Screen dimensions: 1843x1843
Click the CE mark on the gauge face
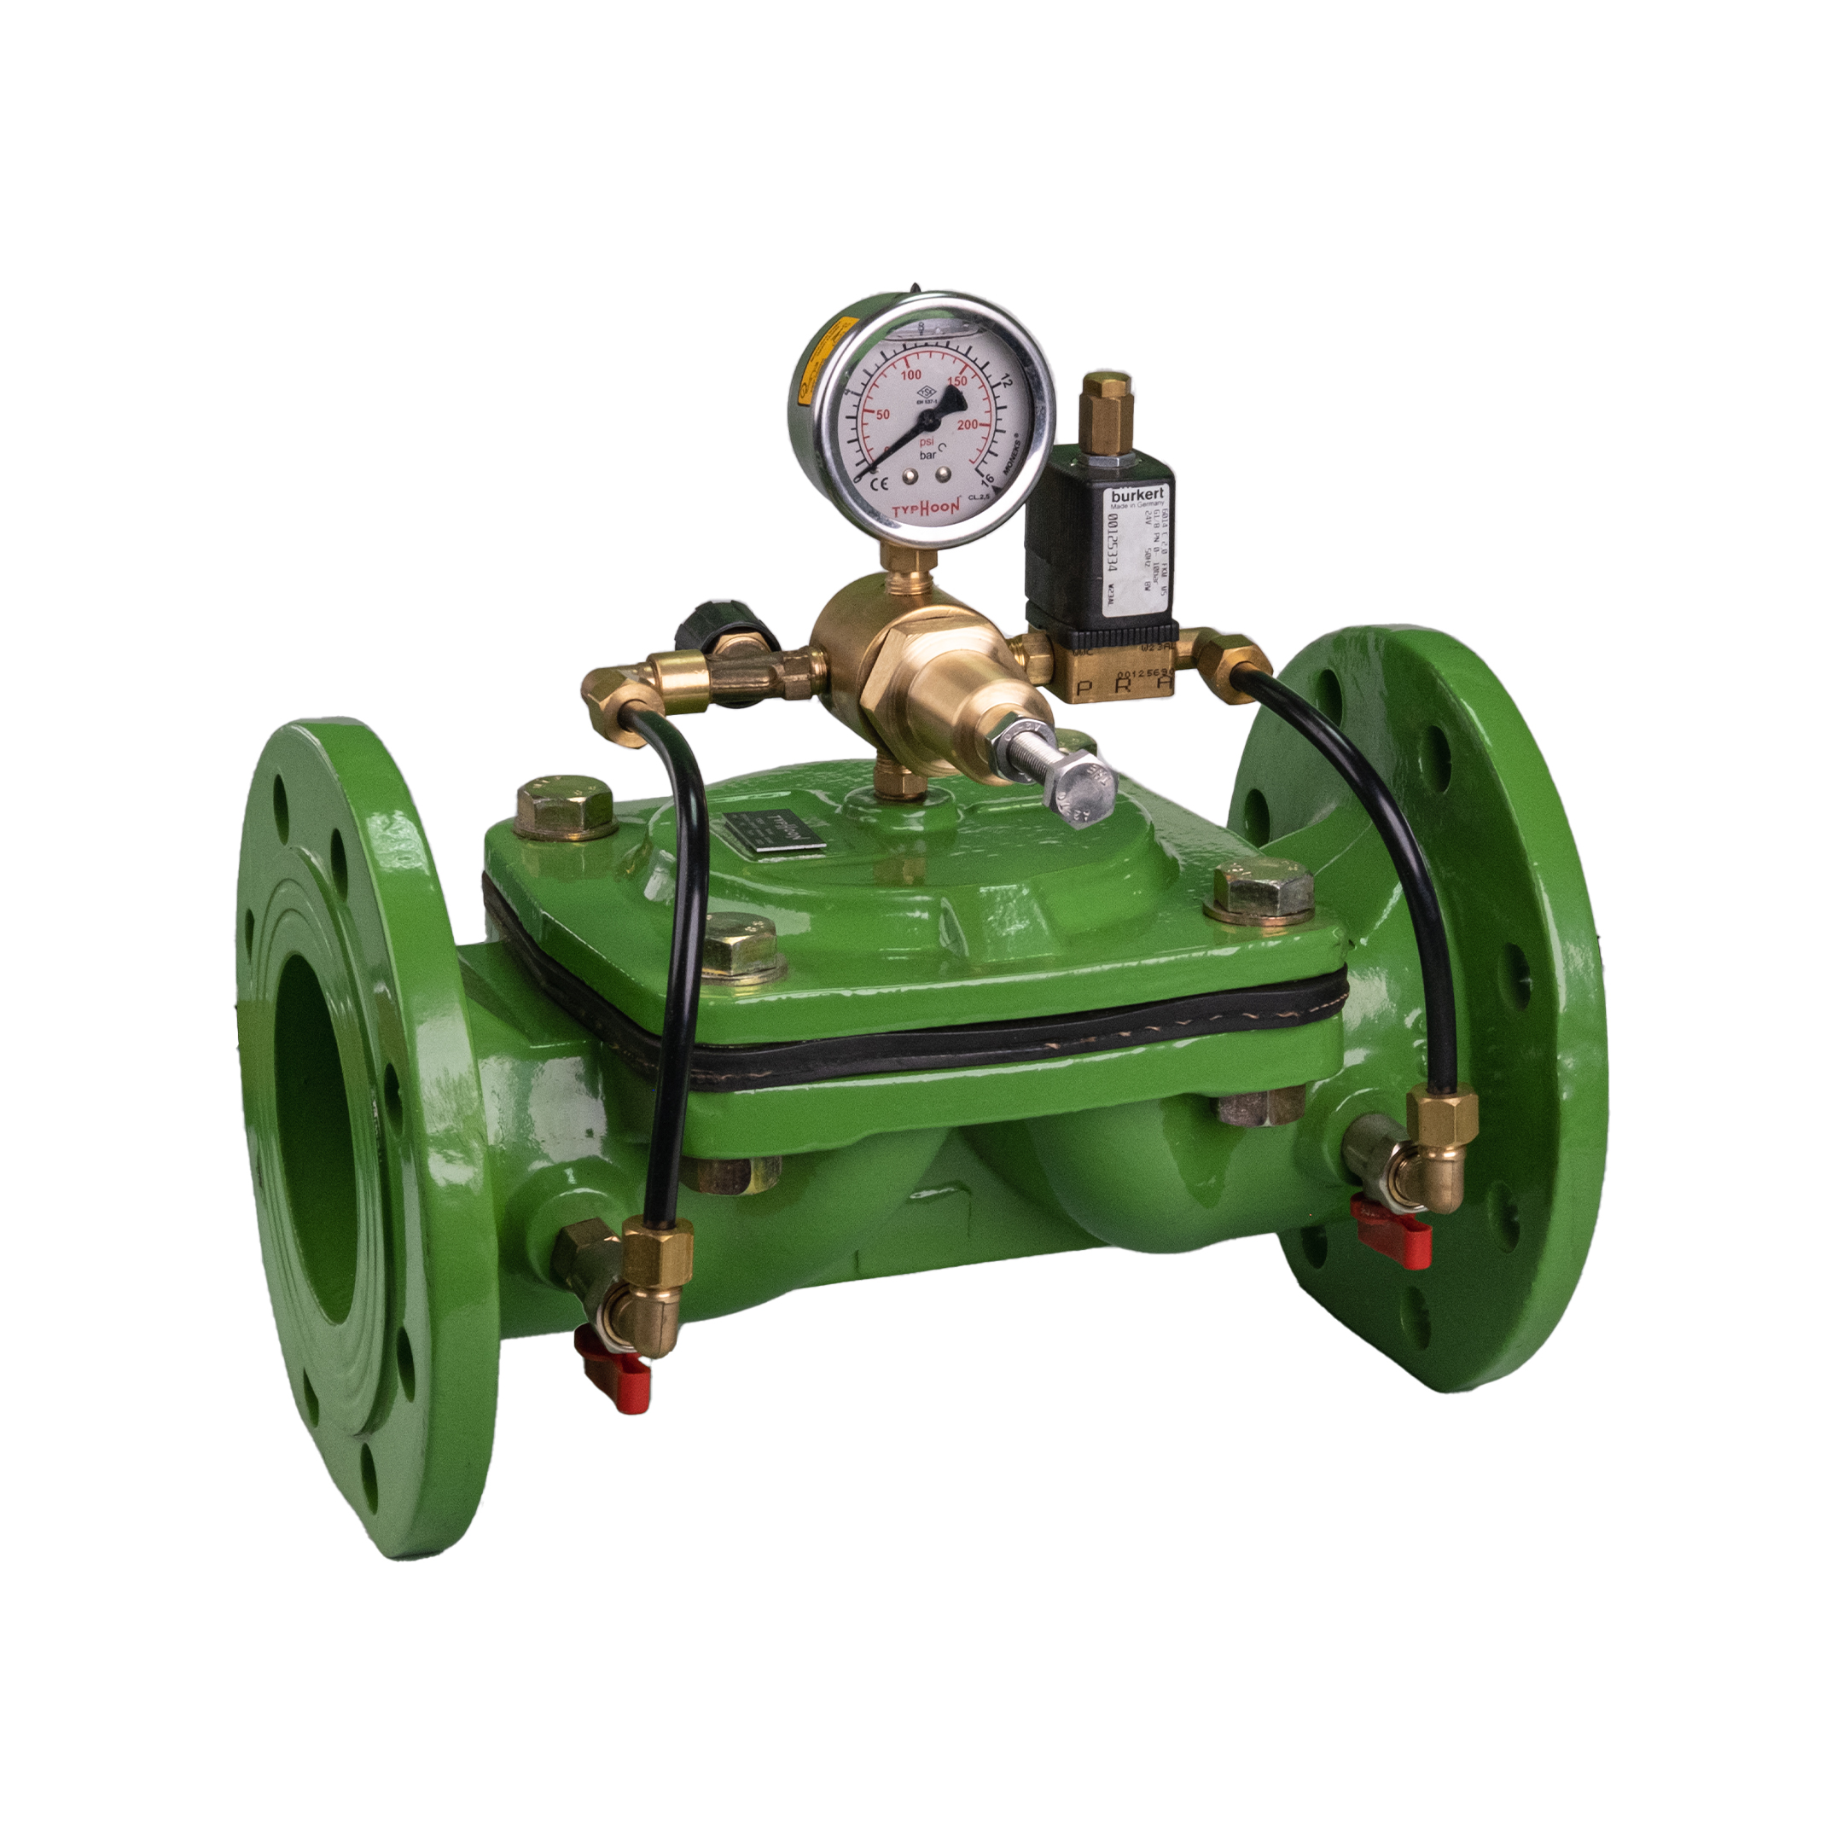click(874, 482)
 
